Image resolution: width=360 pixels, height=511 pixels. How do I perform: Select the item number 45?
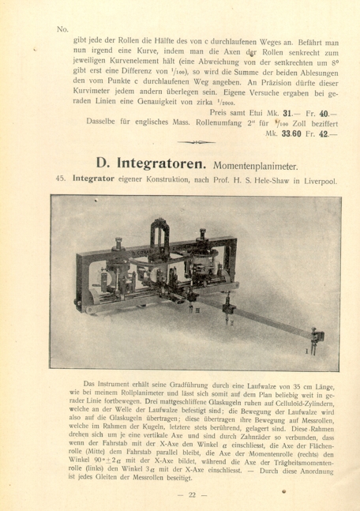coord(61,180)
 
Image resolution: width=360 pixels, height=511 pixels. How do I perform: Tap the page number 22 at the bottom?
coord(191,494)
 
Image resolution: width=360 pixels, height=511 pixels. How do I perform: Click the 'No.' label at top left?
coord(63,29)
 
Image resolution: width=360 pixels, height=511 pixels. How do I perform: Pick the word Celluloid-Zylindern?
coord(300,404)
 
